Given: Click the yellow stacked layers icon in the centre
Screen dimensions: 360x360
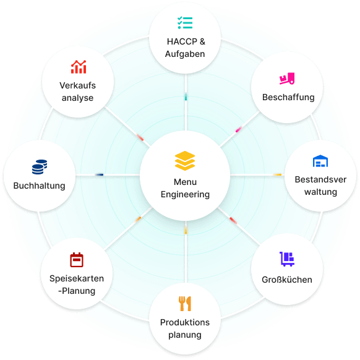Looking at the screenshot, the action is pos(185,161).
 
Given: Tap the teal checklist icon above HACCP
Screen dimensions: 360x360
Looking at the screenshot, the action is pos(185,23).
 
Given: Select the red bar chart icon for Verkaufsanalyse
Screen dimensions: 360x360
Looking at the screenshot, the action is pos(79,67).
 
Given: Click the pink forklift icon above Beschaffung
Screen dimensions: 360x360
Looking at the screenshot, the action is pos(287,79).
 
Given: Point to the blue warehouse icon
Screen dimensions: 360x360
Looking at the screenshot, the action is pos(320,161).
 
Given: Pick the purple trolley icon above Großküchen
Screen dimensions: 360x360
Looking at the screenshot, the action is pos(287,259).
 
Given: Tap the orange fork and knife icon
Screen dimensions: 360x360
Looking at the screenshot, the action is pos(185,304).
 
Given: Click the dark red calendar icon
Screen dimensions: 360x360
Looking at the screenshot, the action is pos(77,260).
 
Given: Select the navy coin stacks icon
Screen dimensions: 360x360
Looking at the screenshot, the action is pos(40,167).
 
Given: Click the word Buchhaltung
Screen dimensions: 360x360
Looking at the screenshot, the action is pos(39,186).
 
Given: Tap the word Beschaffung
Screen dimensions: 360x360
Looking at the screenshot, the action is pos(288,97).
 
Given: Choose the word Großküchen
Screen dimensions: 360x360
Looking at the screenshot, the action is pos(287,280).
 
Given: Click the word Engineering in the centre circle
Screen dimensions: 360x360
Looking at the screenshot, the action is pos(185,194).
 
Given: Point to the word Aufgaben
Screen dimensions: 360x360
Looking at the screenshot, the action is pos(185,54).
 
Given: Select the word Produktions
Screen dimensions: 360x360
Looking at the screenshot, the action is pos(185,322).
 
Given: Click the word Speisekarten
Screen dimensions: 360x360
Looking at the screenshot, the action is pos(77,278).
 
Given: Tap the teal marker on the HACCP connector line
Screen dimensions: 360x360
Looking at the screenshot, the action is pos(186,97).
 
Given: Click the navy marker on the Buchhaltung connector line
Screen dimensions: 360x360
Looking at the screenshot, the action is pos(100,174).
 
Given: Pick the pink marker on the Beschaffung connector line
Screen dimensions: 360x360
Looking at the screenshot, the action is pos(239,129).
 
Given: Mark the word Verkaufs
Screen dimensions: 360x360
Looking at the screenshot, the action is pos(77,85).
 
